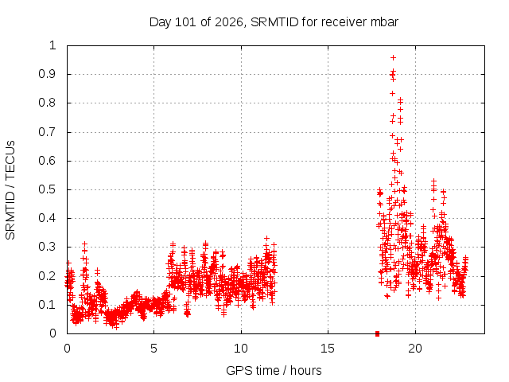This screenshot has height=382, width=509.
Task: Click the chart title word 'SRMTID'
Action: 274,22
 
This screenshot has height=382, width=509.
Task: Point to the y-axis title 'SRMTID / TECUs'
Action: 10,190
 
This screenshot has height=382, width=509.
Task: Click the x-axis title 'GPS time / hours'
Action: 274,370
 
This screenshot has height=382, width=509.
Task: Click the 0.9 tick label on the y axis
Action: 48,74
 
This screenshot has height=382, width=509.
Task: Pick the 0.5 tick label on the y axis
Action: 48,189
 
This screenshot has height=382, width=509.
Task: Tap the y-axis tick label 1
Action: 52,45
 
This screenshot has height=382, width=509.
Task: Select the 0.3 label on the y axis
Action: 48,247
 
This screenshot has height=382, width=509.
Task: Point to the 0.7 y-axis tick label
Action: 48,132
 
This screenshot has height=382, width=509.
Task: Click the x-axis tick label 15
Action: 328,349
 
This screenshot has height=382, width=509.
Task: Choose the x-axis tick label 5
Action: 153,349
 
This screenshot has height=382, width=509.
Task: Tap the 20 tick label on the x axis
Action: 415,349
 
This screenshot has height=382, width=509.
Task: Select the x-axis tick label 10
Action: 240,349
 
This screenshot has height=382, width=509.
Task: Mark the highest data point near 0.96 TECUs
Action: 393,58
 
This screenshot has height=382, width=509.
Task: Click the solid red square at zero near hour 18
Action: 377,333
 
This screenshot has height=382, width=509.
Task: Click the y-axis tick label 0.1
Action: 48,305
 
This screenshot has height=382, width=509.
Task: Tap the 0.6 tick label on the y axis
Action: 48,161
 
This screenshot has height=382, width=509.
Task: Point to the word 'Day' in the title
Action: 160,22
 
